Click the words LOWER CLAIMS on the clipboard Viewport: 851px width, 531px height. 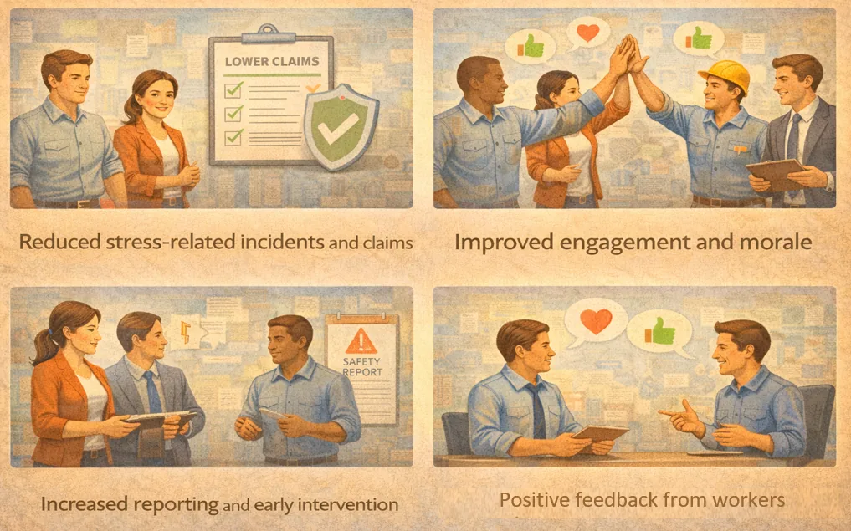[272, 61]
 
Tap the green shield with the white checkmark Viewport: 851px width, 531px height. [341, 127]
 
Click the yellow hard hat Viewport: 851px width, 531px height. [725, 74]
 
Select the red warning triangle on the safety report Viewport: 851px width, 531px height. [361, 342]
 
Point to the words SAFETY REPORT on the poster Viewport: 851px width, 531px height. [362, 366]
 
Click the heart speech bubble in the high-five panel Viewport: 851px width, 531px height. [587, 33]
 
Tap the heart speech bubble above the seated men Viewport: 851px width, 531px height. [596, 322]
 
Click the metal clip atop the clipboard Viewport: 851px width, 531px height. [269, 35]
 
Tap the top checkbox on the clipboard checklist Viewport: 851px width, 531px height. [234, 89]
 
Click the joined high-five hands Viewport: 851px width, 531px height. [630, 54]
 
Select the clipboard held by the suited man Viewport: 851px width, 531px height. [777, 175]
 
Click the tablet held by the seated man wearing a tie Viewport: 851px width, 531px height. [600, 435]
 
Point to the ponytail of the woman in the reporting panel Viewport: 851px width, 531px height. [44, 347]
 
